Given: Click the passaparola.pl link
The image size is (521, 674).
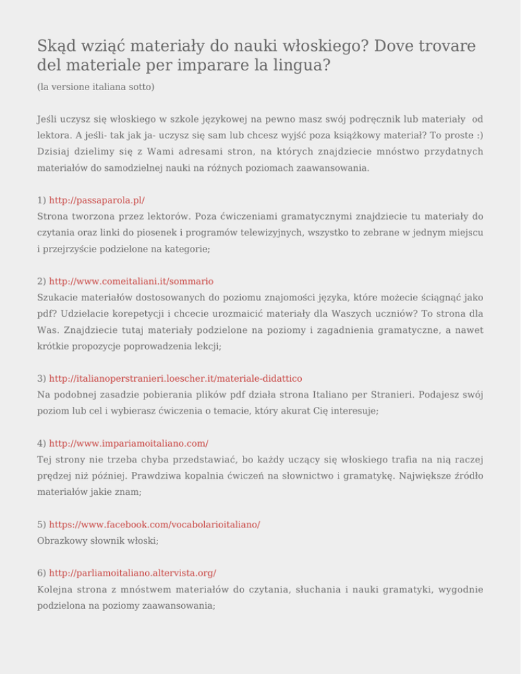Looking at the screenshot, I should (x=97, y=201).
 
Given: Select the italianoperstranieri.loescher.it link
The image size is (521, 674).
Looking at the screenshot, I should (x=176, y=378).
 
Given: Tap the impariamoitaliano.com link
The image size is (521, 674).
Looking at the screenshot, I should (x=129, y=443).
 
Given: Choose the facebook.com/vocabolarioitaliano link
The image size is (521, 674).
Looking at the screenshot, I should (x=155, y=525).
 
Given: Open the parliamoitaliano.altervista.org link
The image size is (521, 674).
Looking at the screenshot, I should (x=133, y=573).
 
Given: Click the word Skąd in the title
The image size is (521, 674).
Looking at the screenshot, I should (x=56, y=47).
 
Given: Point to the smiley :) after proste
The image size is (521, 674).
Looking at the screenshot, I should (x=478, y=136).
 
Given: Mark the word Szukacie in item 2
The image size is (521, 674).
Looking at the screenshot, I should (x=59, y=296).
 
